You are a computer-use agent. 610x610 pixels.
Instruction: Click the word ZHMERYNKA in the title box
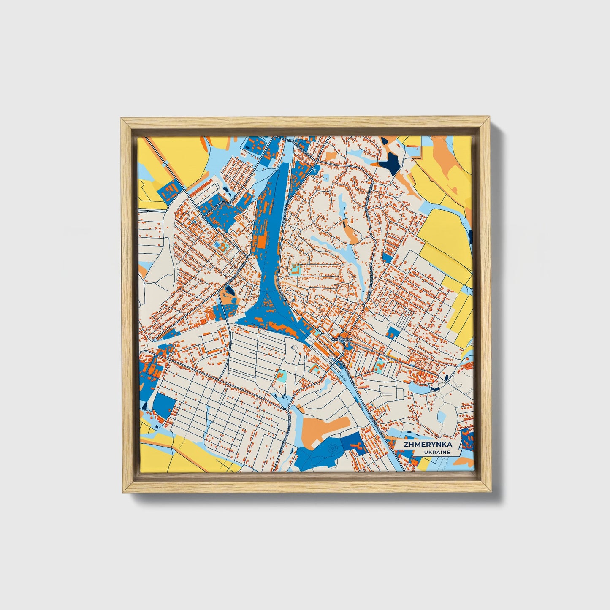click(x=428, y=445)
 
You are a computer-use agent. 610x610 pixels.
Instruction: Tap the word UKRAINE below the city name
click(x=437, y=452)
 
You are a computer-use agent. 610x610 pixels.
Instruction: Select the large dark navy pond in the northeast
click(x=390, y=162)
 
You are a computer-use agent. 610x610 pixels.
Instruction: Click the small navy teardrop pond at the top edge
click(x=385, y=141)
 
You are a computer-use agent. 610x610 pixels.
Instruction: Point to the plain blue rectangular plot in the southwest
click(x=164, y=406)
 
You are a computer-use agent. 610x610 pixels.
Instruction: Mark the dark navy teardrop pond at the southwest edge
click(x=145, y=405)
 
